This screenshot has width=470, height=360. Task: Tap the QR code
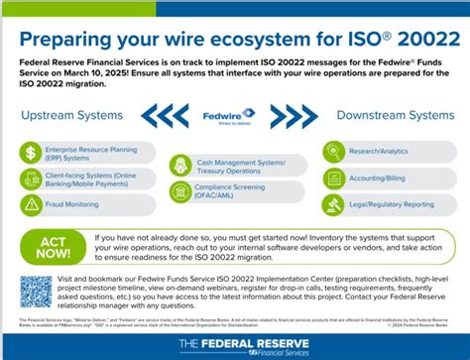click(x=36, y=292)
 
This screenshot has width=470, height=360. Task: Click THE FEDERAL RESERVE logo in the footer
click(x=235, y=343)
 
